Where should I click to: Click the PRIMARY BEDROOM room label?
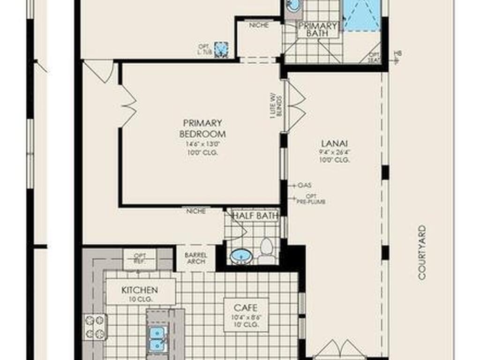coord(202,128)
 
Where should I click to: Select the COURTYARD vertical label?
coord(422,253)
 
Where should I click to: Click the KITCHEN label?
coord(140,290)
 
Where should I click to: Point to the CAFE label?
coord(246,307)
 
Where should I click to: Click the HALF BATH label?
coord(256,216)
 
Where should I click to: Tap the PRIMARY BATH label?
coord(317,30)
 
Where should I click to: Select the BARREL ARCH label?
coord(196,258)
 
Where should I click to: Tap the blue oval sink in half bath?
coord(241,256)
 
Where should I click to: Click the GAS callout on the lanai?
coord(304,185)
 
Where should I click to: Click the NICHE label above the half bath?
coord(195,211)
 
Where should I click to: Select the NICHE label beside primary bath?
coord(259,25)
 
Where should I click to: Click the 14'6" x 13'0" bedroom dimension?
coord(202,144)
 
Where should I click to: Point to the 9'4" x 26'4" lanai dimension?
coord(334,151)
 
